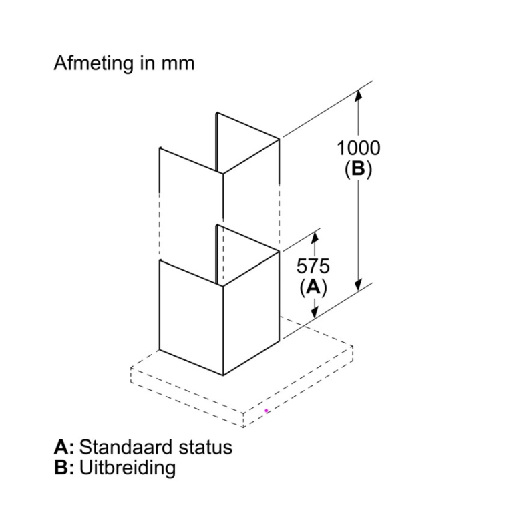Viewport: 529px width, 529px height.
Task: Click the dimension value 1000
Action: pyautogui.click(x=359, y=148)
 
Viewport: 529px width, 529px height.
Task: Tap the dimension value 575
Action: pyautogui.click(x=313, y=266)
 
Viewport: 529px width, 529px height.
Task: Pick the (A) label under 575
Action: pyautogui.click(x=313, y=288)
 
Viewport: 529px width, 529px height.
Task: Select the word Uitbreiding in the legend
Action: pyautogui.click(x=128, y=467)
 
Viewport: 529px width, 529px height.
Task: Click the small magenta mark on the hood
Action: pyautogui.click(x=267, y=411)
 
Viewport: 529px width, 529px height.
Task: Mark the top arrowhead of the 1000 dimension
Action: pyautogui.click(x=359, y=96)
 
